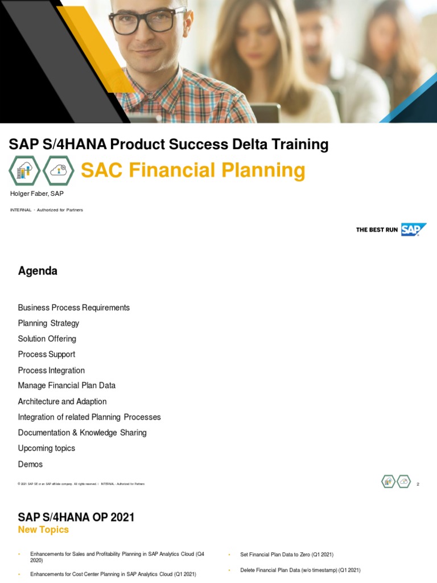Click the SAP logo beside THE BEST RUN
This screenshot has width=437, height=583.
[413, 229]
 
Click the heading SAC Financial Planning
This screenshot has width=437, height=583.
[193, 170]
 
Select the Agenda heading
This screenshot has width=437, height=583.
[38, 271]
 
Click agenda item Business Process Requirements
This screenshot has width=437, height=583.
[74, 307]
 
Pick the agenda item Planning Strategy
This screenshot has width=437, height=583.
[48, 323]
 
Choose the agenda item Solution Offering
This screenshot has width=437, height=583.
[47, 339]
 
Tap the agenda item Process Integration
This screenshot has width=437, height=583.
[51, 370]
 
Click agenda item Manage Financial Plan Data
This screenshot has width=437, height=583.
[67, 385]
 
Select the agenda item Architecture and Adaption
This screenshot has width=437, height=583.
[62, 401]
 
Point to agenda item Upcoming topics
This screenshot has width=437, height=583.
[46, 448]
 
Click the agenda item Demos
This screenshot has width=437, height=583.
[30, 464]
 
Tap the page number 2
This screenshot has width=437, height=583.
[418, 484]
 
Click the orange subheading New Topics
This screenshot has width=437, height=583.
[43, 529]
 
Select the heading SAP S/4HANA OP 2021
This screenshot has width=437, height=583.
[76, 517]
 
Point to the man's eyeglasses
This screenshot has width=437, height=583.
[147, 20]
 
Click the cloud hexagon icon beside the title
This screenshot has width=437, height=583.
[59, 170]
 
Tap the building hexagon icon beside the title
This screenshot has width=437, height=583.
[24, 170]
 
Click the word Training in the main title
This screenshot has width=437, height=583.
[300, 145]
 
